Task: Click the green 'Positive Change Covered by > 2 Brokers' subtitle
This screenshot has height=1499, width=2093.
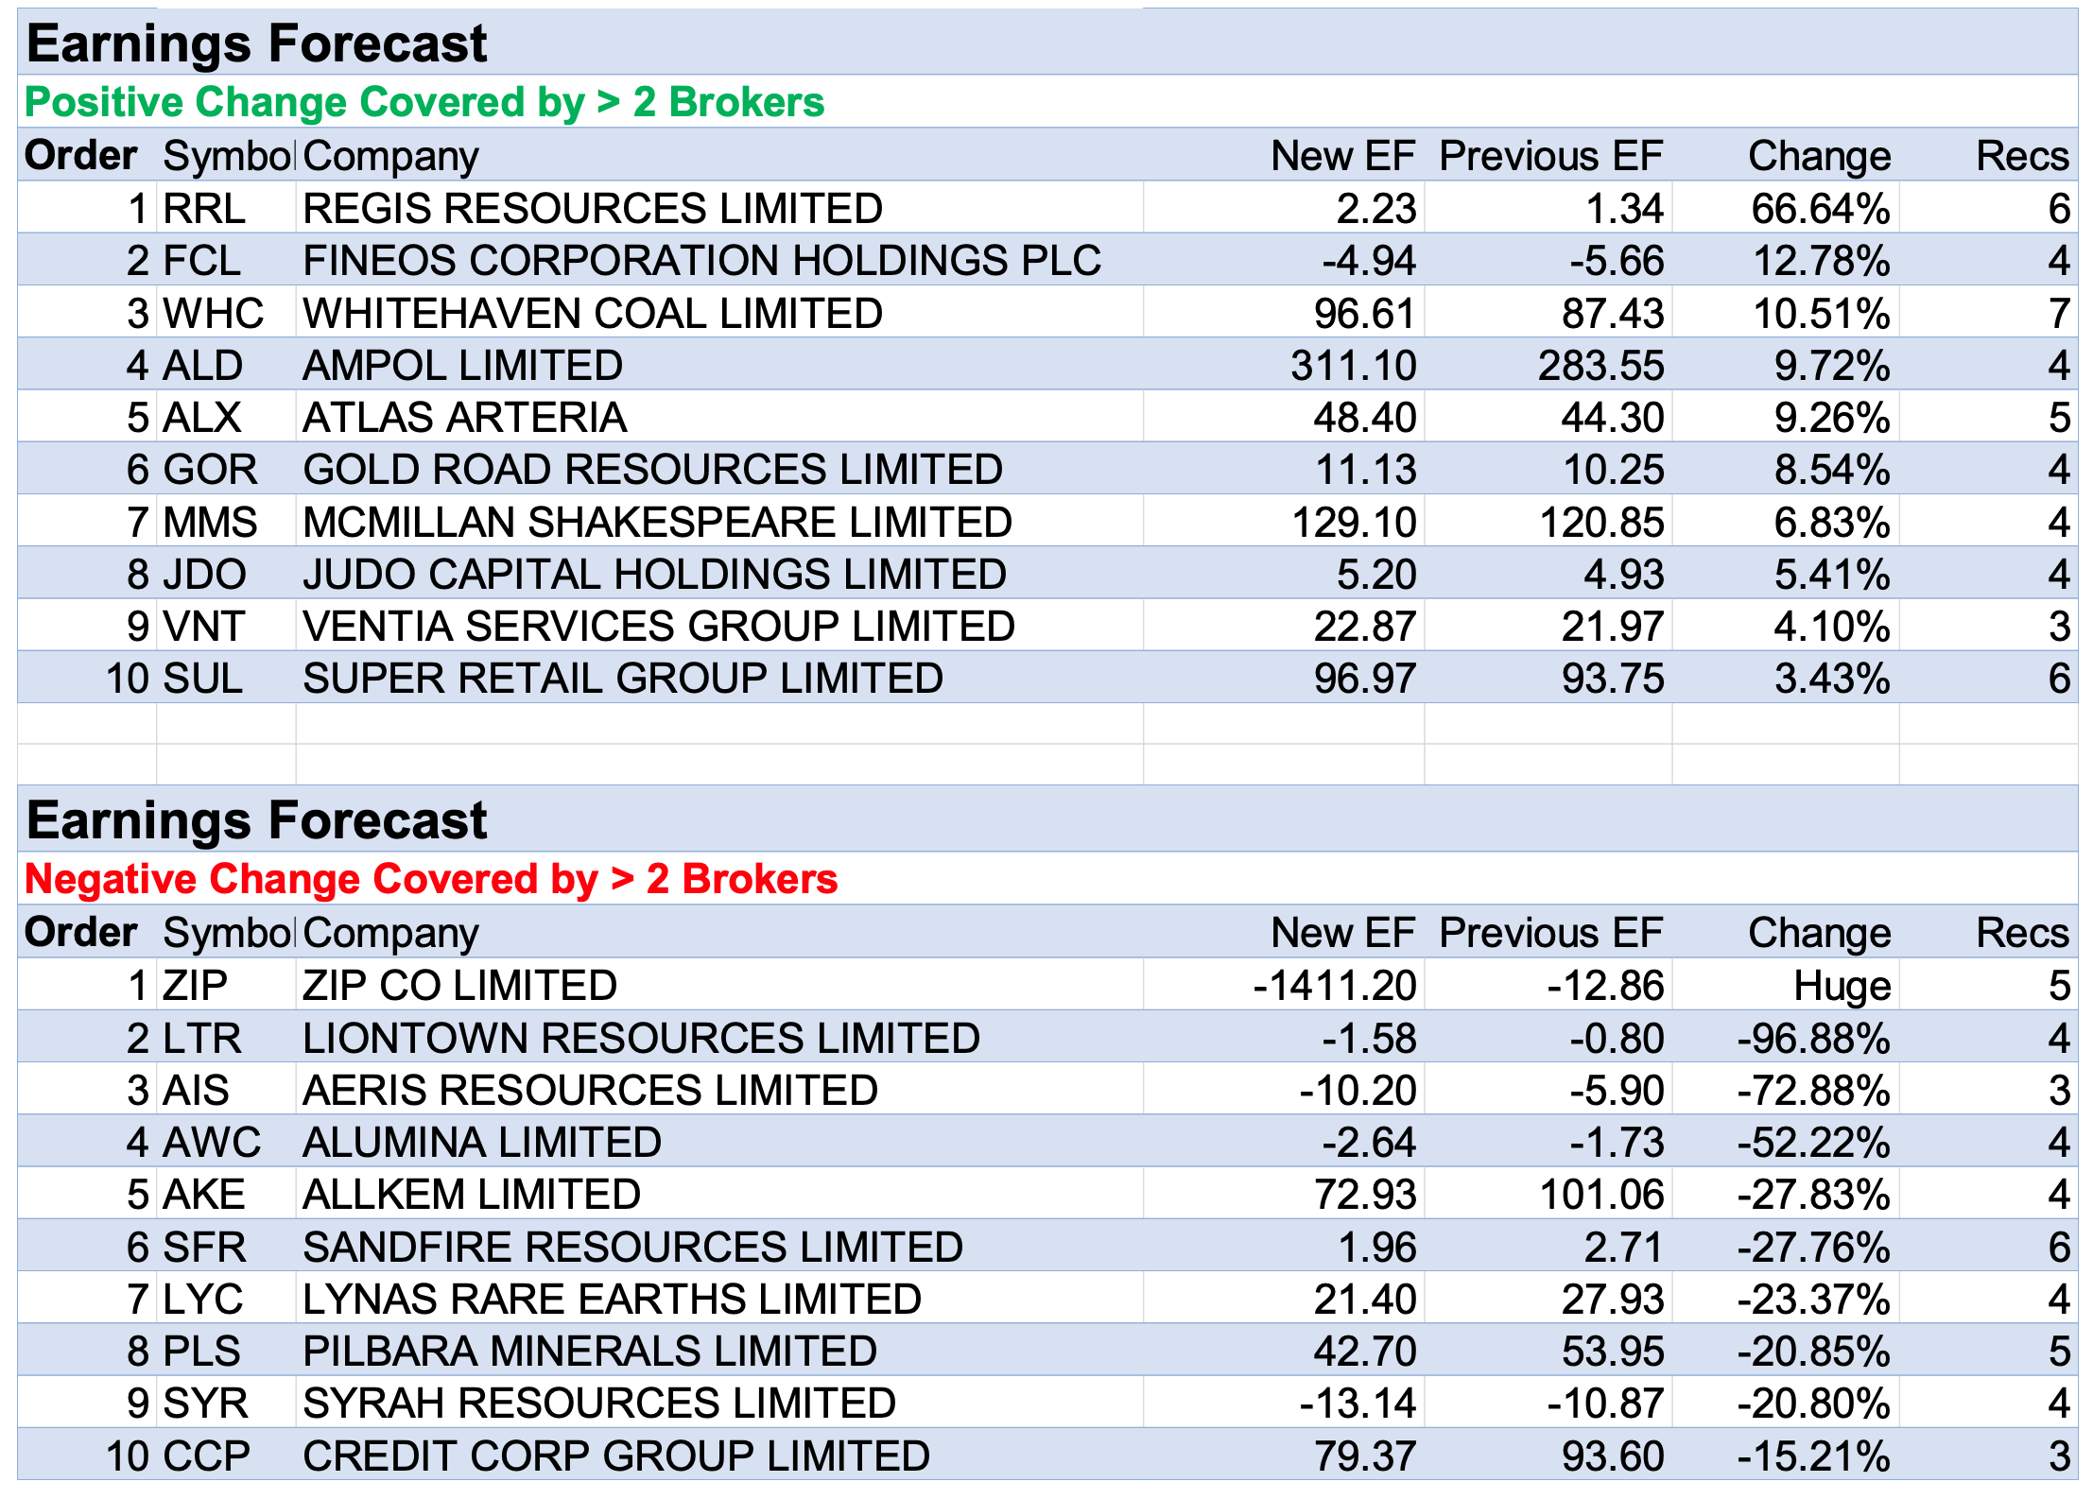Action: pos(424,102)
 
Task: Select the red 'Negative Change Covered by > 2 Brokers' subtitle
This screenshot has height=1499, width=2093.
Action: pos(430,879)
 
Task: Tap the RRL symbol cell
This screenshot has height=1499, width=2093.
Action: pos(204,209)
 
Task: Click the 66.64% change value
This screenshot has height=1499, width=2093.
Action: pos(1820,209)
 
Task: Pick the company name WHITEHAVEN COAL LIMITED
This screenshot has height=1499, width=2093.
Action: pos(593,314)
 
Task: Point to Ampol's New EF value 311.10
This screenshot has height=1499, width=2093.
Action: pos(1353,366)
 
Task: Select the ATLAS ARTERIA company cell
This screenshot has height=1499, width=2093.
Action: pos(464,418)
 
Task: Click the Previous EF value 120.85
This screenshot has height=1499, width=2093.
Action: pos(1600,523)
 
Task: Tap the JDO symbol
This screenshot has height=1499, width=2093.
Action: pos(204,575)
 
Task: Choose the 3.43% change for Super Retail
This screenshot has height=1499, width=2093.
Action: pos(1831,679)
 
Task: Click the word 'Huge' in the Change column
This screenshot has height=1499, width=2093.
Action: pos(1842,987)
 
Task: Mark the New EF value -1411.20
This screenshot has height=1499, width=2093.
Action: pos(1334,987)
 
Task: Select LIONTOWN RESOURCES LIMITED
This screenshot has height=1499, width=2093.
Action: pos(641,1039)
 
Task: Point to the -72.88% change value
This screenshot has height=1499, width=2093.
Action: pos(1813,1091)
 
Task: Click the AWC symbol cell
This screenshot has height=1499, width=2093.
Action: pos(212,1143)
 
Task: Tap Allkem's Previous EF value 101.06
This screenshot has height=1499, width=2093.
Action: pos(1600,1195)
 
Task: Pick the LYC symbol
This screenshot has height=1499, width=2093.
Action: pos(203,1300)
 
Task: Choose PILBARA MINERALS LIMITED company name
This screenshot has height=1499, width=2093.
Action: pos(590,1352)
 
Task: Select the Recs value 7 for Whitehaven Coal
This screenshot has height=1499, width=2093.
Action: pos(2059,314)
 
